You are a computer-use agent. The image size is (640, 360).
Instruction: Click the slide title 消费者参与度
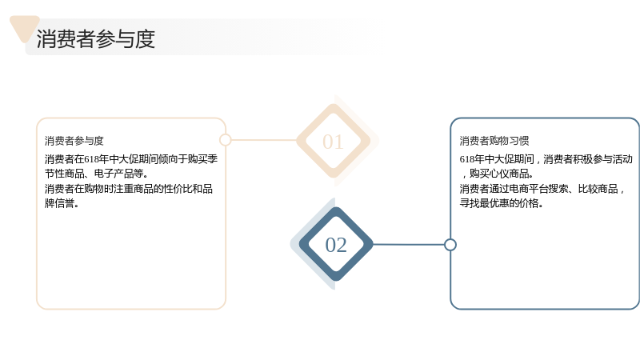pyautogui.click(x=96, y=38)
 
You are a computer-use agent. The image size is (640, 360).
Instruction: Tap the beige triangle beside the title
pyautogui.click(x=24, y=27)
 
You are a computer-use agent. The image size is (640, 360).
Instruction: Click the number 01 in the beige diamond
pyautogui.click(x=333, y=142)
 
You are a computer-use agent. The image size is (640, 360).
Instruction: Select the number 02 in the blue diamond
pyautogui.click(x=336, y=245)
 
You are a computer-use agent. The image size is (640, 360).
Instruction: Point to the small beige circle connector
pyautogui.click(x=226, y=140)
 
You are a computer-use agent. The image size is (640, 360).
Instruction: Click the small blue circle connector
pyautogui.click(x=450, y=245)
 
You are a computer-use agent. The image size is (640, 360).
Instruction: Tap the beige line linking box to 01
pyautogui.click(x=264, y=140)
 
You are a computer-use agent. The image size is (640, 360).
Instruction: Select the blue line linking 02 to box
pyautogui.click(x=409, y=245)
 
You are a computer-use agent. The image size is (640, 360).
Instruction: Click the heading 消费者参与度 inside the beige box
pyautogui.click(x=74, y=141)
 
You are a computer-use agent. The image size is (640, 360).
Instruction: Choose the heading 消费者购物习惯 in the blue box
pyautogui.click(x=494, y=141)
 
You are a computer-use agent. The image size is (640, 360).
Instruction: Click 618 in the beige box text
pyautogui.click(x=91, y=159)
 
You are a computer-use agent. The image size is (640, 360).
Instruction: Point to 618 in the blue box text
pyautogui.click(x=467, y=159)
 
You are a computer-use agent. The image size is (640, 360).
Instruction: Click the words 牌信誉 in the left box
pyautogui.click(x=59, y=203)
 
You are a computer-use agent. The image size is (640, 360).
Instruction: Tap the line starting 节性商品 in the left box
pyautogui.click(x=96, y=174)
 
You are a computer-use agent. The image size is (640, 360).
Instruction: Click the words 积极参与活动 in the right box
pyautogui.click(x=602, y=159)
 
